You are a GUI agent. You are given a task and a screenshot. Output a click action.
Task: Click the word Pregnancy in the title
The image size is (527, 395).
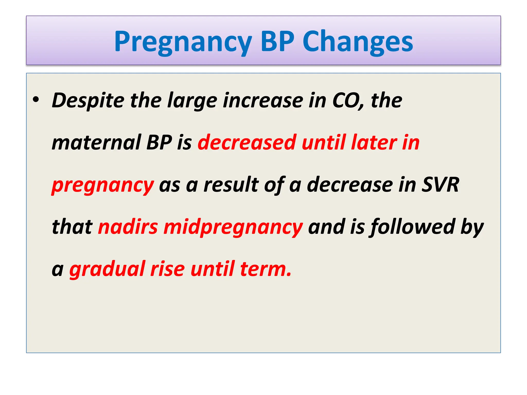tap(183, 42)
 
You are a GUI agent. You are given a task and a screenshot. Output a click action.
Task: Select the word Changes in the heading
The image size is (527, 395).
tap(358, 42)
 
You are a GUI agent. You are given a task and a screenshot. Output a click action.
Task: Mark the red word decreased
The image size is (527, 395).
tap(247, 142)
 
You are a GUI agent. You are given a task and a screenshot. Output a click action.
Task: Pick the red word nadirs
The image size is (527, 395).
tap(128, 227)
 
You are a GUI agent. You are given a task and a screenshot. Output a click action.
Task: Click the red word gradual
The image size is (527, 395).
tap(107, 270)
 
